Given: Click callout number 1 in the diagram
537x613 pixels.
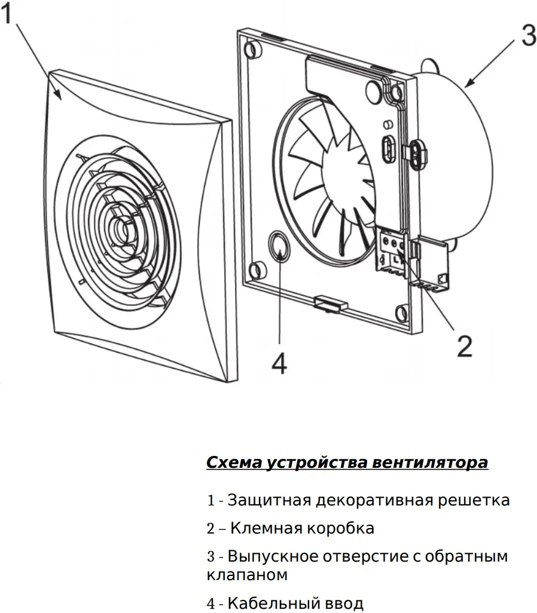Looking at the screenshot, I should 8,13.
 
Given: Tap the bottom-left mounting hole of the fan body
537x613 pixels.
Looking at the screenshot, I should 255,269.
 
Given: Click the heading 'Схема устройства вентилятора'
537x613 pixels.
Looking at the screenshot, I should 347,463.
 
